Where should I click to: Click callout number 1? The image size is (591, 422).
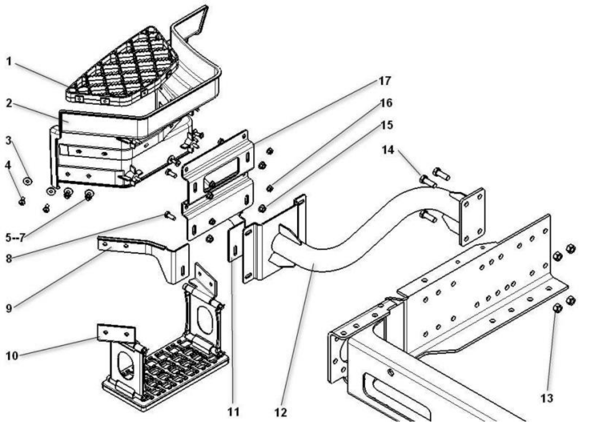pos(9,61)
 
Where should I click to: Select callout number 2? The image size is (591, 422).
pos(9,103)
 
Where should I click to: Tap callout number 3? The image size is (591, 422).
pos(9,141)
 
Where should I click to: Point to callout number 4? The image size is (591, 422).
pos(8,165)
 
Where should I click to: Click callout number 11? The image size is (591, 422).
pos(233,411)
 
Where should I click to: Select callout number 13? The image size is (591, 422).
pos(547,398)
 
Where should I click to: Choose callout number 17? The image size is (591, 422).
pos(384,81)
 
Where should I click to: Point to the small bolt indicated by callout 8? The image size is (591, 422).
pos(170,216)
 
